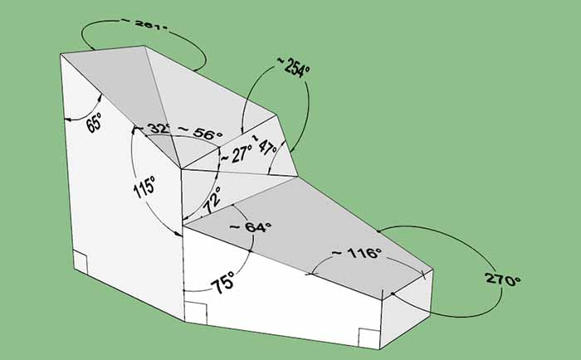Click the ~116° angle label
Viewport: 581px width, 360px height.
pos(356,252)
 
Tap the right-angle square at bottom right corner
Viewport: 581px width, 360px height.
pos(368,336)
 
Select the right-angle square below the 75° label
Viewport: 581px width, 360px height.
pos(195,312)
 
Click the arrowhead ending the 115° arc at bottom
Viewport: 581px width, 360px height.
pos(180,236)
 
